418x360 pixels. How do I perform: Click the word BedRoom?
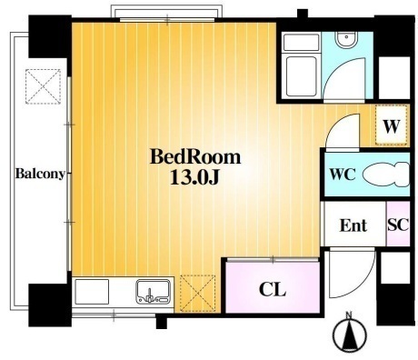(195, 157)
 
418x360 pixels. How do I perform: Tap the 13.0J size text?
(194, 177)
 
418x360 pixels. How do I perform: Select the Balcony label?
(40, 174)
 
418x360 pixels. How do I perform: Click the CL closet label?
(273, 289)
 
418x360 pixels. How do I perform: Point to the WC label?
(343, 175)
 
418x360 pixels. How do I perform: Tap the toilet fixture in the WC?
(385, 175)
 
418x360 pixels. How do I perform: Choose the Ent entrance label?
(353, 225)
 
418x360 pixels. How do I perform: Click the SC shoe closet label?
(398, 225)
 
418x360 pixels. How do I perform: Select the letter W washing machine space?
(392, 126)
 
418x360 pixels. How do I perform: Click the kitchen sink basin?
(154, 292)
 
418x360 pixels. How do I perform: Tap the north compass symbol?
(350, 335)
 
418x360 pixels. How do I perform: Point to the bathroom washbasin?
(346, 40)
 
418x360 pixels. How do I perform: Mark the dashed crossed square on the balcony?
(43, 86)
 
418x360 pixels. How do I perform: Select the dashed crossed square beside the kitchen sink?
(197, 293)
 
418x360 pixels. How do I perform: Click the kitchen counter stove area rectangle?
(92, 292)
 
